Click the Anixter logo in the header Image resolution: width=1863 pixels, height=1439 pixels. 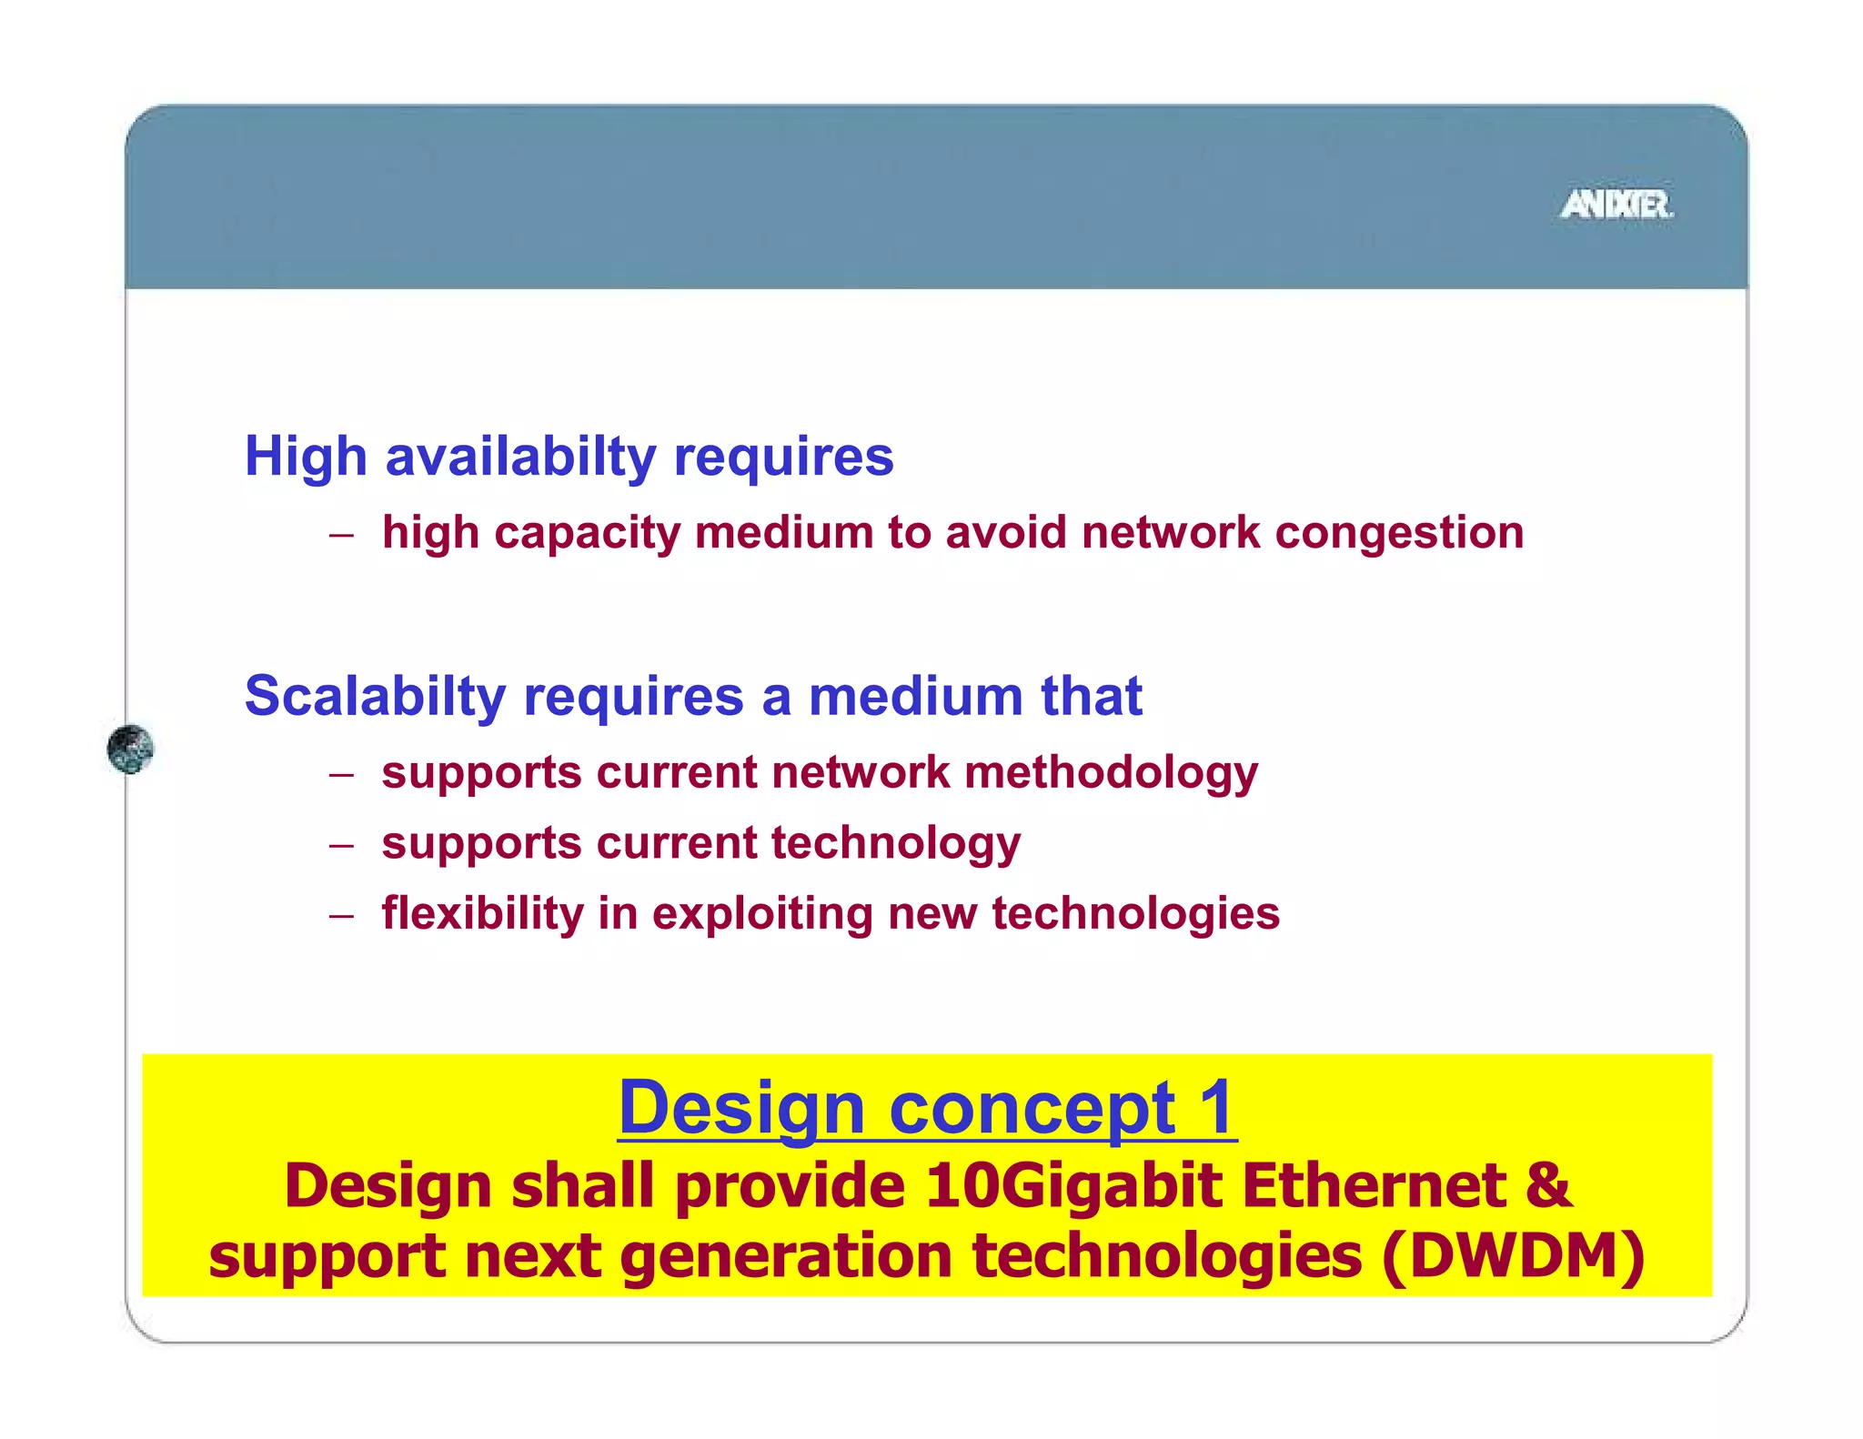1616,205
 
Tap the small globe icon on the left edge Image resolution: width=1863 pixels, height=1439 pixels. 130,750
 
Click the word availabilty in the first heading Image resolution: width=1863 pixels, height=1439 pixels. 520,456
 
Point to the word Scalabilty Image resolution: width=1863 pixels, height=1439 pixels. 375,697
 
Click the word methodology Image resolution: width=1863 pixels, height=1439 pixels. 1111,773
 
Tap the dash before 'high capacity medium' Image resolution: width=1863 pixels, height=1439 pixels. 341,535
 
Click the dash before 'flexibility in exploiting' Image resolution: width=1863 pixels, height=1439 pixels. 341,916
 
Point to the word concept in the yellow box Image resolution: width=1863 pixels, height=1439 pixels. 1032,1110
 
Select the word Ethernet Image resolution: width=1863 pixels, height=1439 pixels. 1373,1185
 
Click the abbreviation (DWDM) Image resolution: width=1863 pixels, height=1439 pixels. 1514,1257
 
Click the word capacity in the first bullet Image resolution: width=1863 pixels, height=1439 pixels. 587,534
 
